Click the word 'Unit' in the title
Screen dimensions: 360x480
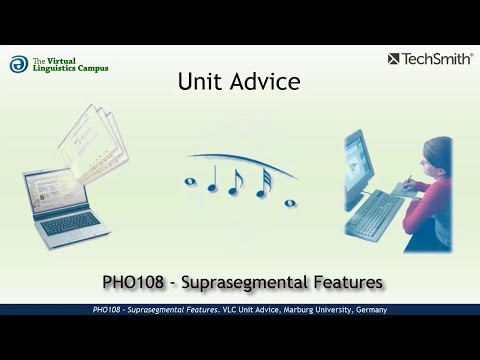click(198, 82)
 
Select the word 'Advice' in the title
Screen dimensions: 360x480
click(260, 82)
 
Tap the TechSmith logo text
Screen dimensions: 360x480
click(436, 59)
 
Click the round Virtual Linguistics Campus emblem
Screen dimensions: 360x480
click(18, 64)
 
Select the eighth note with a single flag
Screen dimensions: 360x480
click(237, 180)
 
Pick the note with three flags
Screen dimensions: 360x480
click(263, 181)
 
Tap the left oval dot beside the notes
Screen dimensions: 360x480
click(190, 181)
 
